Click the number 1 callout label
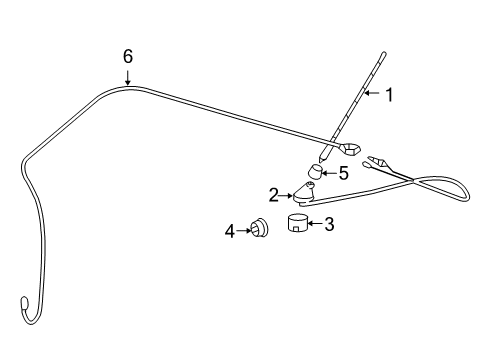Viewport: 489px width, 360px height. (389, 96)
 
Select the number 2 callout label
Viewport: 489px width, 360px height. (272, 194)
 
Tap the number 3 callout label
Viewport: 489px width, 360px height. (329, 224)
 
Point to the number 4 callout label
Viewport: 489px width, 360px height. (229, 231)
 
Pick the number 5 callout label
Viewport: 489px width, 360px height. (343, 173)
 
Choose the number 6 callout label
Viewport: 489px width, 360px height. (127, 57)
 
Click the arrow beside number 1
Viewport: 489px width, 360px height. (373, 96)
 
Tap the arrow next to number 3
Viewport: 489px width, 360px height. (314, 224)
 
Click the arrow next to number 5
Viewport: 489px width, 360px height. (328, 173)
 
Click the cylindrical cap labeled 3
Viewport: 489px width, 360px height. (296, 223)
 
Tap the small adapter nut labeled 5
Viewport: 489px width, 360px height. (314, 177)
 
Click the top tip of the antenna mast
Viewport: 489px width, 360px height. (385, 51)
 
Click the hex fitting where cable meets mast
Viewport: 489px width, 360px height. (351, 151)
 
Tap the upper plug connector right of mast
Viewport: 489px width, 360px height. (380, 159)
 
